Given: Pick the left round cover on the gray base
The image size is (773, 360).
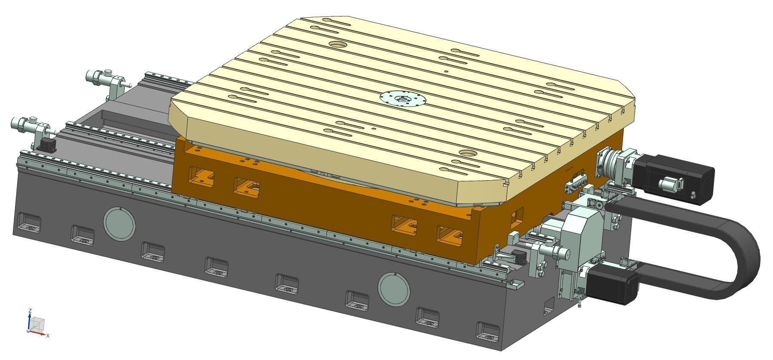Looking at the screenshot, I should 120,223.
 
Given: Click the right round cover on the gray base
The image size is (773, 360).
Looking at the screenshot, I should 394,288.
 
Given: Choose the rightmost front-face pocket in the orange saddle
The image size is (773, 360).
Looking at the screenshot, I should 449,234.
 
